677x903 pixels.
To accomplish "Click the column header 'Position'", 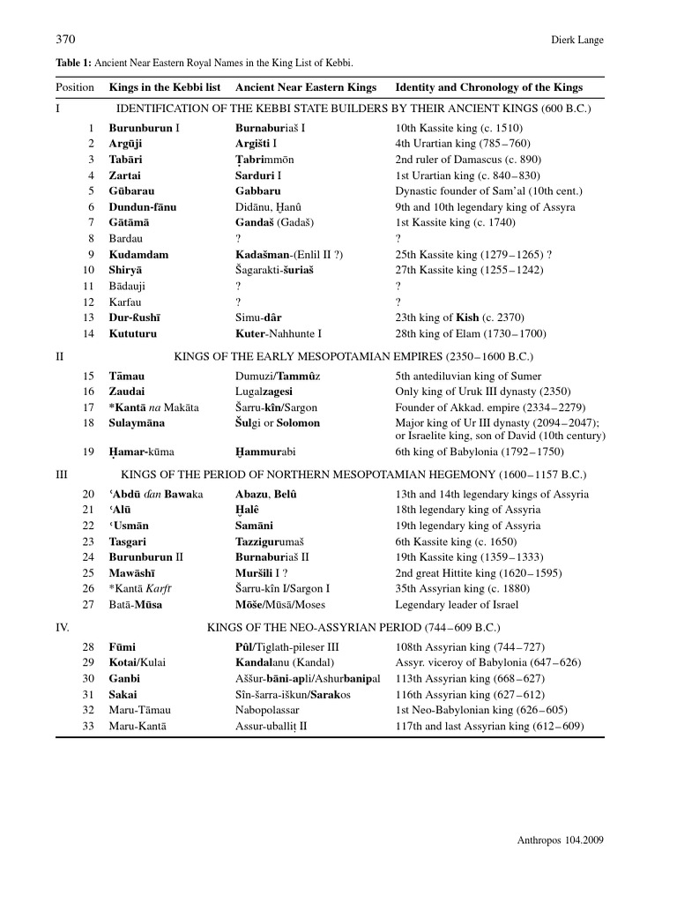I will tap(75, 87).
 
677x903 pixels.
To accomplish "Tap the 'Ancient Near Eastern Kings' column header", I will tap(306, 87).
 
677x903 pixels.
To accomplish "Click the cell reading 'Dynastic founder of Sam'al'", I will tap(474, 191).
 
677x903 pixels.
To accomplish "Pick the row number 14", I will tap(88, 334).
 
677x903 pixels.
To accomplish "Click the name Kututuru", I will tap(135, 334).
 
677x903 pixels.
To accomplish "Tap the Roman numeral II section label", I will tap(60, 356).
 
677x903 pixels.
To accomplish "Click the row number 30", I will tap(88, 679).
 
